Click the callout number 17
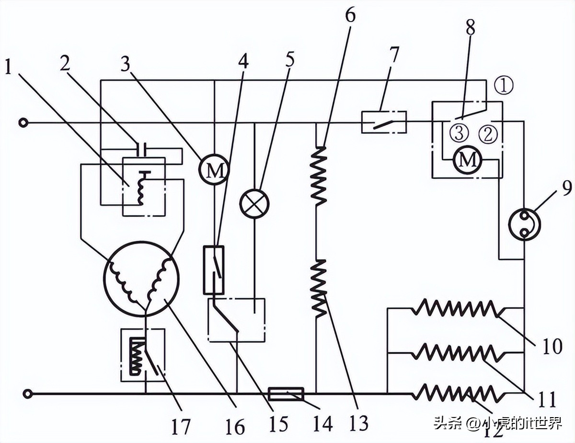coord(181,426)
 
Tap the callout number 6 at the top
coord(350,16)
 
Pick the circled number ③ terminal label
coord(459,133)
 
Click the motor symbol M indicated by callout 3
coord(214,170)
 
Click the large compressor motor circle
coord(141,279)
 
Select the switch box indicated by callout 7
coord(384,122)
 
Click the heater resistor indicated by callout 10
coord(456,308)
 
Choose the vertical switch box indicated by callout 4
coord(214,270)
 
